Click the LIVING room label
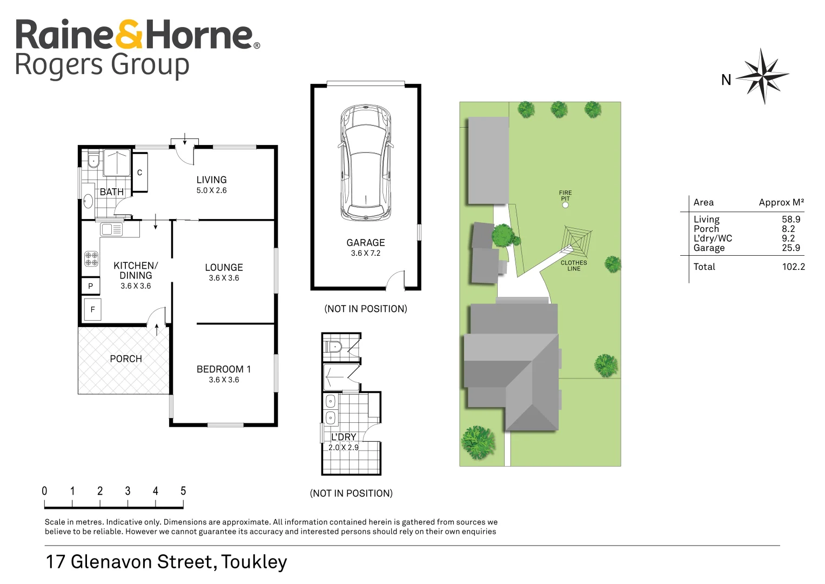click(x=211, y=180)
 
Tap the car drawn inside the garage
click(x=366, y=162)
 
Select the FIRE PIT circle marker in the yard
click(x=565, y=205)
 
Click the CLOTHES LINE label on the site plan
click(x=573, y=266)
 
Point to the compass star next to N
click(x=762, y=76)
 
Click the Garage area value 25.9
click(x=790, y=248)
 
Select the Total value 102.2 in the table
click(x=793, y=267)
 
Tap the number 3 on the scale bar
click(x=128, y=491)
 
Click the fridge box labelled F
click(x=92, y=310)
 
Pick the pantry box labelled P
click(x=90, y=286)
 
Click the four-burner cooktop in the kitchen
click(x=91, y=258)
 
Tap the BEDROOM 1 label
click(x=223, y=369)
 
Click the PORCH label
click(x=125, y=359)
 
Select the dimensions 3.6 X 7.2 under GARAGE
click(x=365, y=253)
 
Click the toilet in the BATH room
click(x=92, y=161)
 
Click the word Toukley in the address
click(x=254, y=562)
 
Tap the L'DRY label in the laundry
click(x=343, y=437)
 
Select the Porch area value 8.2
click(x=788, y=229)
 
